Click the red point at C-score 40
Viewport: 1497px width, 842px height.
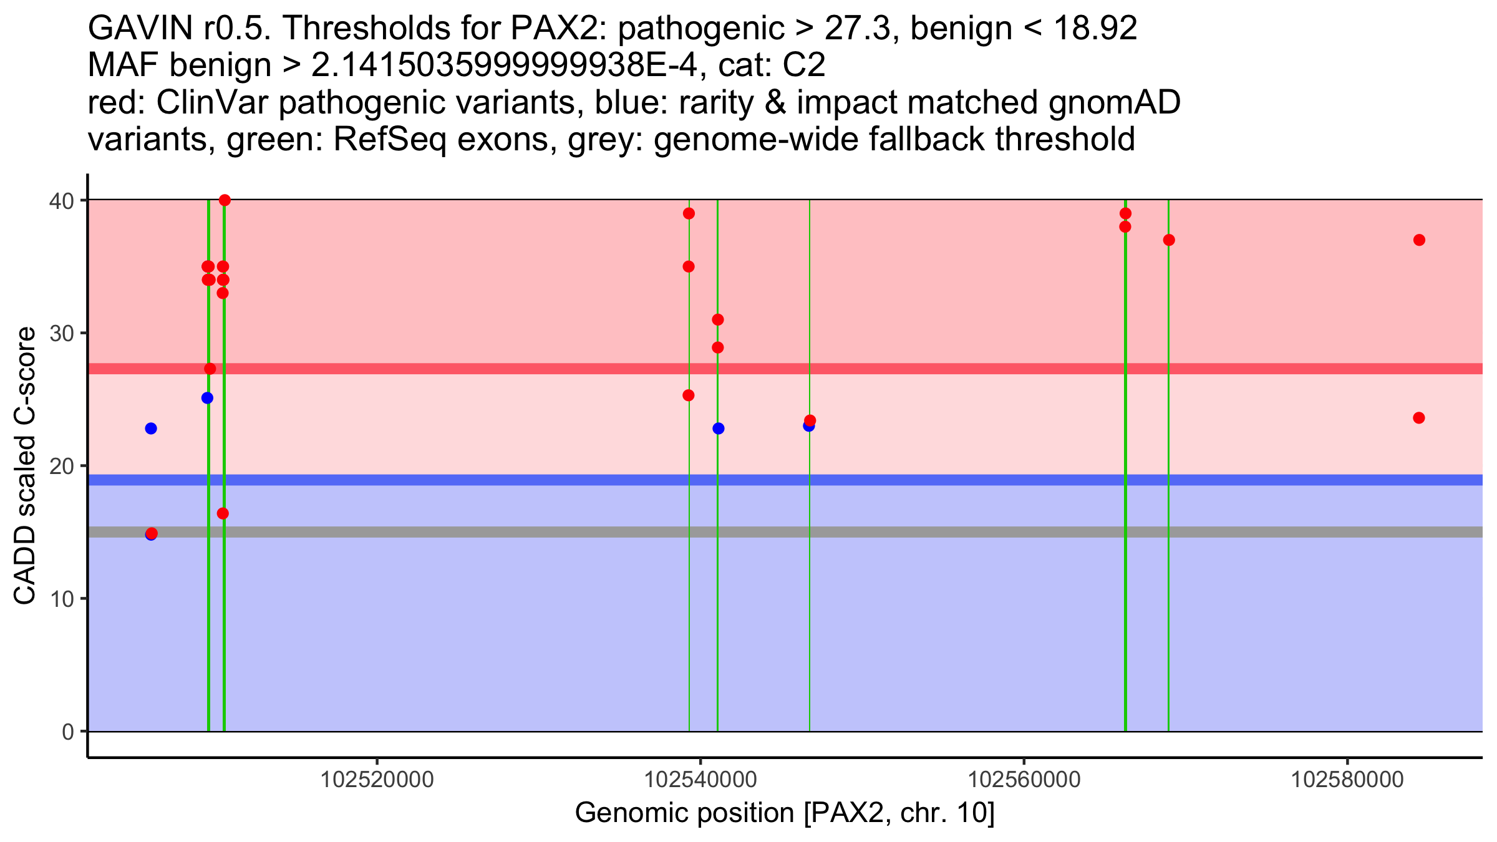pos(225,200)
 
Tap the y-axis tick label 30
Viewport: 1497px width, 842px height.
pos(62,333)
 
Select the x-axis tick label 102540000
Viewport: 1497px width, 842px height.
pos(700,780)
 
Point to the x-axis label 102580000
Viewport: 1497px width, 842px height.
pos(1347,780)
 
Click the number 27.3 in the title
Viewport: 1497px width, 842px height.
pos(857,29)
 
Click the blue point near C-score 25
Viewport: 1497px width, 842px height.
pos(207,398)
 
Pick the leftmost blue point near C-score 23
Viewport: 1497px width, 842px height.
pos(151,428)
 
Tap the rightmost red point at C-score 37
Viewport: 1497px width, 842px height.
pos(1419,240)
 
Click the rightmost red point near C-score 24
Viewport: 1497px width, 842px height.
pos(1419,418)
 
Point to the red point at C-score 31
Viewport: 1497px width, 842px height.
pos(718,320)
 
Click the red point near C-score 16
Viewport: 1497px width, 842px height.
pos(223,513)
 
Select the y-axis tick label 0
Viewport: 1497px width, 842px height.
pos(68,732)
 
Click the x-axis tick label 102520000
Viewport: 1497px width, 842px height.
pos(377,780)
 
